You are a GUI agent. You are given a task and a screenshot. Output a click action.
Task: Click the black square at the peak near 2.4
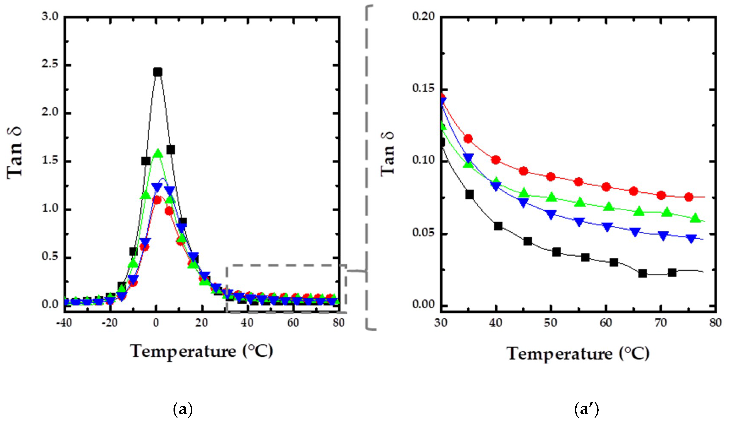[x=157, y=72]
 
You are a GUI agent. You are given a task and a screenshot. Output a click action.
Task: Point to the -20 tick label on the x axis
[x=110, y=323]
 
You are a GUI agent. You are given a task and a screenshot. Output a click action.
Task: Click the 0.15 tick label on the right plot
[x=423, y=88]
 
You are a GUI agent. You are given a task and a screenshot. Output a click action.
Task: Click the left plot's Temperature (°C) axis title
[x=202, y=351]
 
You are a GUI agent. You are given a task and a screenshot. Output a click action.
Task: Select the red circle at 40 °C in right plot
[x=496, y=160]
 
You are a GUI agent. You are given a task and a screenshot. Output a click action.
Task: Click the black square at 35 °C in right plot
[x=469, y=195]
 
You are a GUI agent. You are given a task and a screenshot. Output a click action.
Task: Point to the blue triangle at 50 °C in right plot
[x=551, y=214]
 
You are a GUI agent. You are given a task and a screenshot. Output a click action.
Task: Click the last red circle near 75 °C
[x=688, y=197]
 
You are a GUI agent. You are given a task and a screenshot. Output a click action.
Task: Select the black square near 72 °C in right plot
[x=672, y=273]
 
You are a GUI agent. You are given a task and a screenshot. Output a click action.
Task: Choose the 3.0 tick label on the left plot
[x=50, y=16]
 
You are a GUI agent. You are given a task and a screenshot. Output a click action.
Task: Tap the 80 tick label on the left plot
[x=338, y=323]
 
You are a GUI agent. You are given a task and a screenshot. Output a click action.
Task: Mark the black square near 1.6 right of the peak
[x=171, y=150]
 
